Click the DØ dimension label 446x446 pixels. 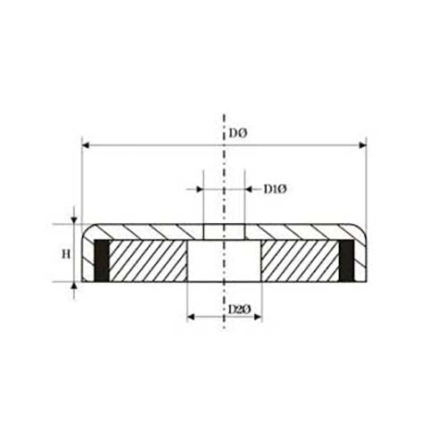(237, 134)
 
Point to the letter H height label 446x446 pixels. (65, 254)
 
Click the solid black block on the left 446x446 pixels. (102, 261)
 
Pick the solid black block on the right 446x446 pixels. (349, 261)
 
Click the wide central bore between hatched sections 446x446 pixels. (224, 261)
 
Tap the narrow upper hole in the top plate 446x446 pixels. (224, 232)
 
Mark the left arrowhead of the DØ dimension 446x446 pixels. (85, 143)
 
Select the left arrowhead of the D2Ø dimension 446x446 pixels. (190, 317)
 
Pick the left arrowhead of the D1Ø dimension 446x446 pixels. (199, 189)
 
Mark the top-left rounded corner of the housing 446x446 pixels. (86, 228)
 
